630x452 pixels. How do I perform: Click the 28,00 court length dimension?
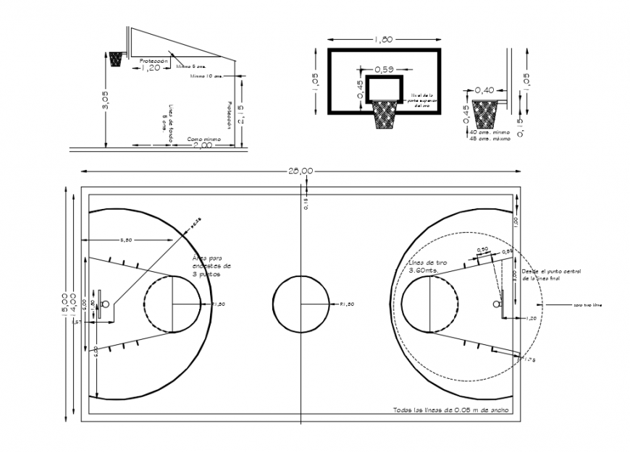(x=301, y=171)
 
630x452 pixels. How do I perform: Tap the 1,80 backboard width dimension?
(x=384, y=39)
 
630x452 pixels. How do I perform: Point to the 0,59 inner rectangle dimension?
(x=384, y=69)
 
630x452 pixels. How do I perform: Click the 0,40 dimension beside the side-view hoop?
(x=485, y=90)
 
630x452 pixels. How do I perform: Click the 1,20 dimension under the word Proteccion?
(x=151, y=68)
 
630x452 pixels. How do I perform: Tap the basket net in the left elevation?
(x=115, y=59)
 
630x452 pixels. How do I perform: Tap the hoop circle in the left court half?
(x=106, y=304)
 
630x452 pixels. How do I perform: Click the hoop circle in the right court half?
(x=497, y=304)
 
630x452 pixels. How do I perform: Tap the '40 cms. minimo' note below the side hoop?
(x=490, y=133)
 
